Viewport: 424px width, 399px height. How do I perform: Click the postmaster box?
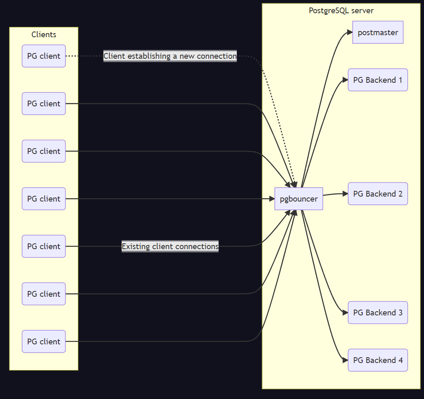[378, 32]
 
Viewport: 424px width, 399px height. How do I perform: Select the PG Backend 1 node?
[378, 80]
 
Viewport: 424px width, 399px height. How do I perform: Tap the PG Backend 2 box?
[378, 194]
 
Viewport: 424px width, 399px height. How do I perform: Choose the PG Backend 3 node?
[378, 312]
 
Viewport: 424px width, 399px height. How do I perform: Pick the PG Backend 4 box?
[378, 360]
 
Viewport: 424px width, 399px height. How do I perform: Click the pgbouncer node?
[299, 199]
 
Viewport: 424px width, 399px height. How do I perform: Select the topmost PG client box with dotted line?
[43, 56]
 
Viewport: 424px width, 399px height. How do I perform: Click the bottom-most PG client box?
[43, 341]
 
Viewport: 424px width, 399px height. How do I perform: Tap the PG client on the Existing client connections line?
[43, 246]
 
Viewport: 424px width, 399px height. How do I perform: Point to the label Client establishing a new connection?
[170, 56]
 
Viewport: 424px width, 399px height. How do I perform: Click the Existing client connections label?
[170, 246]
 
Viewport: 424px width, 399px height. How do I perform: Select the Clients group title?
[43, 34]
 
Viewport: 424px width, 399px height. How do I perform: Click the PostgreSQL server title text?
[341, 11]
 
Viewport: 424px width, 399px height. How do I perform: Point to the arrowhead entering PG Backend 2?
[345, 193]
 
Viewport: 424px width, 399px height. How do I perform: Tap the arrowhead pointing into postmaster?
[349, 32]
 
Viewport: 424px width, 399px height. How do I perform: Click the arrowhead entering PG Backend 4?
[345, 360]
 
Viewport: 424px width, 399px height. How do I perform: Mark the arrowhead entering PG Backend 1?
[345, 80]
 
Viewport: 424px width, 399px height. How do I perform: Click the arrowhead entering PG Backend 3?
[345, 312]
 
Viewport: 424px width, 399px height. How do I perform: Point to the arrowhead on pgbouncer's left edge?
[272, 199]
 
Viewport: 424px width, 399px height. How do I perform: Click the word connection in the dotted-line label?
[217, 56]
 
